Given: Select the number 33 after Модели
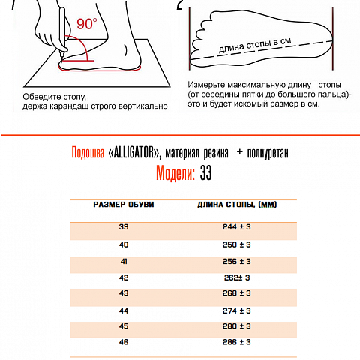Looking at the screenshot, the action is pos(206,174).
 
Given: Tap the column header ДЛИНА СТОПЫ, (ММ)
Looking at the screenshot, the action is pos(237,205).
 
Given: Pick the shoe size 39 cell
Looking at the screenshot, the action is pos(124,226).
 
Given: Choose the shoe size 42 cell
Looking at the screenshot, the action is pos(124,277).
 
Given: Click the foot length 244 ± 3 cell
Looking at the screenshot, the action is pos(237,226).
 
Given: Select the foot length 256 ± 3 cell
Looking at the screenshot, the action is pos(237,261).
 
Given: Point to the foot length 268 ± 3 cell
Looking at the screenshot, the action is pos(237,293).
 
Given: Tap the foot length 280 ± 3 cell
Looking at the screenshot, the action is pos(237,326).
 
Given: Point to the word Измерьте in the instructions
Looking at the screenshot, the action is pos(211,85).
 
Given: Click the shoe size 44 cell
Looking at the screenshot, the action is pos(124,310).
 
